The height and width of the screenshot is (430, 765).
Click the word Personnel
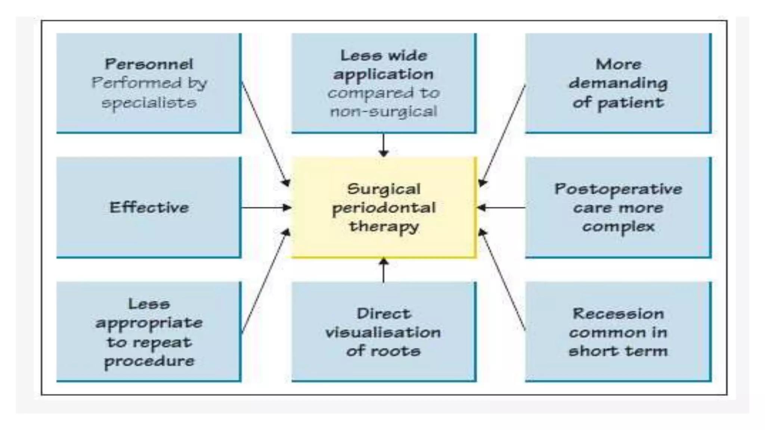pos(149,64)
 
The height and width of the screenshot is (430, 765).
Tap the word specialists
pos(149,103)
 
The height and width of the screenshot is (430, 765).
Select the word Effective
pos(149,208)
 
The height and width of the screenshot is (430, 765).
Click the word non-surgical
pos(383,112)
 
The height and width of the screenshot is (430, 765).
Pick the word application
pos(383,74)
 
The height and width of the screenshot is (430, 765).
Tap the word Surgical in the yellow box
pos(384,189)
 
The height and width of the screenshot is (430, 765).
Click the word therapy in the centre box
pos(384,227)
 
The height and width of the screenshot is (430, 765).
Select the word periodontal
pos(384,208)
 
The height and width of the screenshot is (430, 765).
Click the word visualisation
pos(383,332)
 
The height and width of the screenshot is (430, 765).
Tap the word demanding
pos(618,83)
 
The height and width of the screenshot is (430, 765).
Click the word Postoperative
pos(618,189)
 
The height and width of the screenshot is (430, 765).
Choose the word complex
pos(618,227)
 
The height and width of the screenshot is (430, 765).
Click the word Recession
pos(618,314)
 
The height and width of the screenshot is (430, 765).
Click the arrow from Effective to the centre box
pos(266,208)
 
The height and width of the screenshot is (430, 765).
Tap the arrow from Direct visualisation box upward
pos(384,270)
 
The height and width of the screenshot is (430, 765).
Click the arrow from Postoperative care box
pos(501,208)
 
